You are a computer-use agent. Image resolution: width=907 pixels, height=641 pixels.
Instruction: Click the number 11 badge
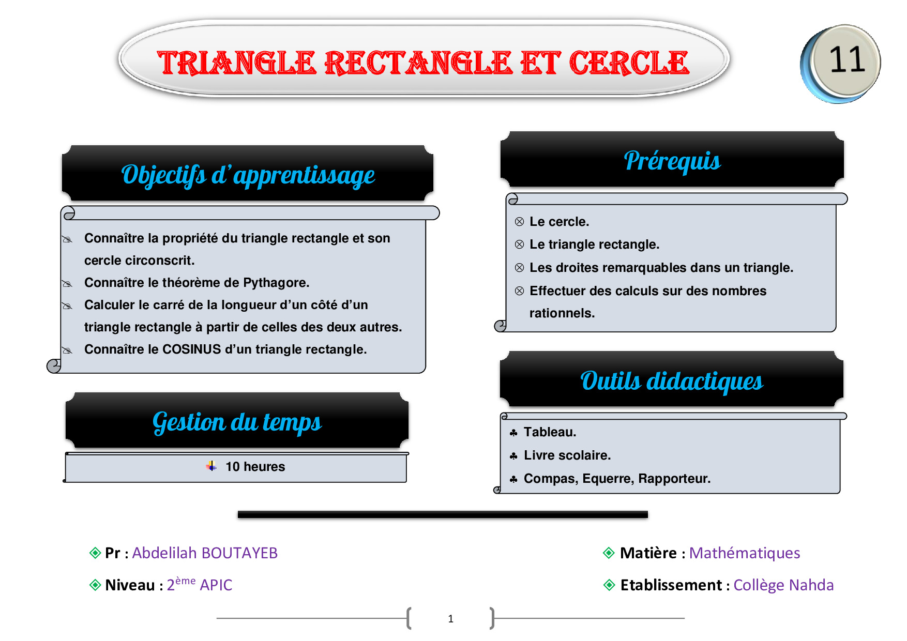[841, 63]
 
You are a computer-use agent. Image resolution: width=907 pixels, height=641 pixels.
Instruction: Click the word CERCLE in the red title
[629, 63]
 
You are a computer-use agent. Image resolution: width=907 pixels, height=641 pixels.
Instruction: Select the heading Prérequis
[672, 161]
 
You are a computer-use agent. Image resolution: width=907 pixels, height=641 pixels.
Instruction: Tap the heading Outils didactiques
[672, 381]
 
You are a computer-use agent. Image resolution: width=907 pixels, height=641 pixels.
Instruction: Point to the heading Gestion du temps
[237, 423]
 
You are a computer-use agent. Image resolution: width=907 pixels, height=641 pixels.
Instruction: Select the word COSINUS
[192, 349]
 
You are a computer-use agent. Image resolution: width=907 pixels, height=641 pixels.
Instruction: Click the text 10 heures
[255, 467]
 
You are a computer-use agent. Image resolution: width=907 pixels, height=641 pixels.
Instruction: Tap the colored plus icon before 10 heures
[211, 466]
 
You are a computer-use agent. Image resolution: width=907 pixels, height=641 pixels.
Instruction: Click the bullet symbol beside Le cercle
[520, 222]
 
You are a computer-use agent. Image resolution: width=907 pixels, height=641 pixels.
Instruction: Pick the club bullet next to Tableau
[513, 433]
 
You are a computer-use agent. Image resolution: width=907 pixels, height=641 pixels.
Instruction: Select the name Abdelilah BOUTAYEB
[205, 553]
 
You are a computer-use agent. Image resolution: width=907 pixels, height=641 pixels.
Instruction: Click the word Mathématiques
[745, 553]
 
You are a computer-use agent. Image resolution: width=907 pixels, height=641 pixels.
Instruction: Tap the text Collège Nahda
[783, 585]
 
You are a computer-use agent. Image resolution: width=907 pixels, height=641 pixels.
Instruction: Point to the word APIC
[216, 585]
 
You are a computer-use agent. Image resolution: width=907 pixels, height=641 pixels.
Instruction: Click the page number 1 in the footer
[451, 619]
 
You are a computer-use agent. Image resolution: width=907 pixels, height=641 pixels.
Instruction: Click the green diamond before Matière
[609, 553]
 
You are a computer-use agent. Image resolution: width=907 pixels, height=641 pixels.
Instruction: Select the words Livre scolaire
[567, 455]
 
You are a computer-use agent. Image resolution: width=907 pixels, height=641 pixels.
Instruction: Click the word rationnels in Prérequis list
[562, 313]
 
